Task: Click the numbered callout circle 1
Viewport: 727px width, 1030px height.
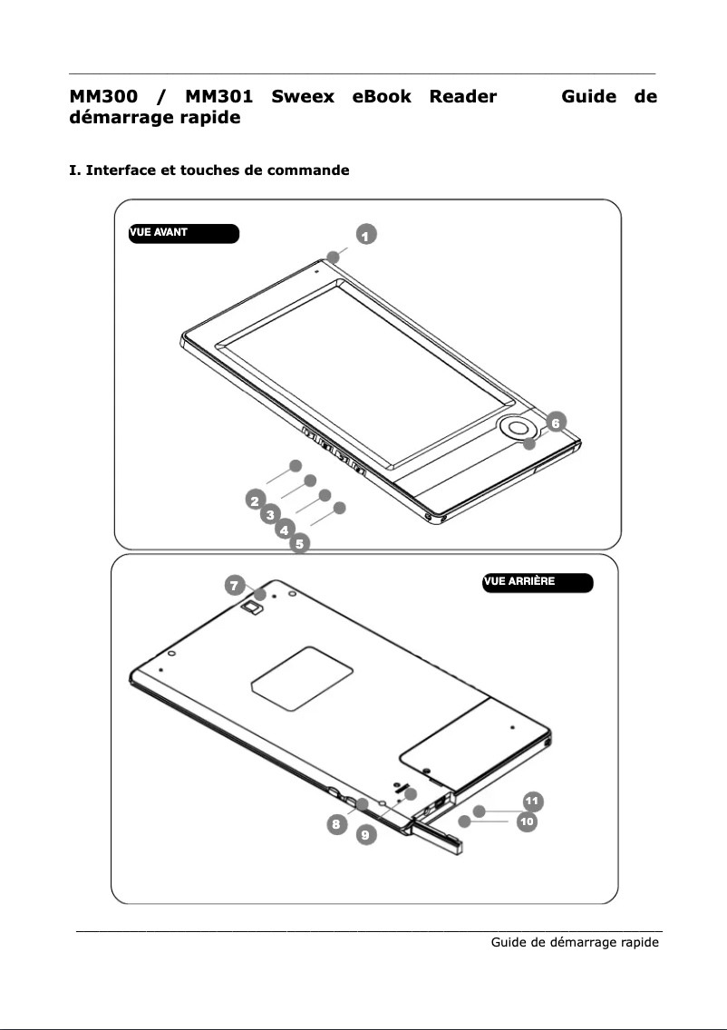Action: tap(366, 235)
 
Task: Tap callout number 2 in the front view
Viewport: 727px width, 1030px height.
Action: tap(256, 500)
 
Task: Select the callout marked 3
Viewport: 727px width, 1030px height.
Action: tap(270, 514)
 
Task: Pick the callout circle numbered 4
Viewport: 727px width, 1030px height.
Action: tap(285, 530)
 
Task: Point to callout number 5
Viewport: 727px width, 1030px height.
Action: tap(299, 544)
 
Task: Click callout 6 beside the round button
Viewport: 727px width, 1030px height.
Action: tap(556, 423)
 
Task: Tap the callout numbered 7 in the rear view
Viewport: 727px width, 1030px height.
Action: tap(235, 585)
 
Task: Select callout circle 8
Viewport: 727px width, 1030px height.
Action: tap(337, 824)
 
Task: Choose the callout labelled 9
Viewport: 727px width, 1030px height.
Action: tap(366, 834)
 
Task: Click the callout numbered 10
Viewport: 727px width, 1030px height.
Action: tap(527, 821)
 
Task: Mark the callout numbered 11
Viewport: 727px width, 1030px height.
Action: tap(533, 801)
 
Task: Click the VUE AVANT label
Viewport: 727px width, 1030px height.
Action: tap(184, 233)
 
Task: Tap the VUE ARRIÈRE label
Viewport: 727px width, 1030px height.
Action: tap(538, 583)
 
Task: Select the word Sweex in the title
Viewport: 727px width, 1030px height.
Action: tap(303, 96)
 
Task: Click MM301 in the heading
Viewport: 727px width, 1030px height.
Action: tap(219, 96)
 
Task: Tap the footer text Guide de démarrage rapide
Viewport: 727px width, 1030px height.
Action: tap(575, 943)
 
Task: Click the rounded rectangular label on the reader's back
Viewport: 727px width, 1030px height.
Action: tap(302, 678)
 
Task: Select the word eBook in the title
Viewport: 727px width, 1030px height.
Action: tap(382, 96)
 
